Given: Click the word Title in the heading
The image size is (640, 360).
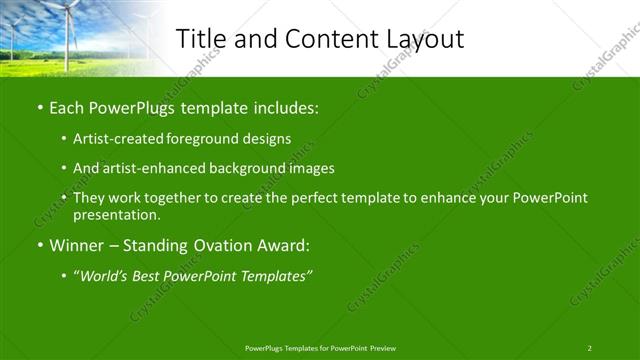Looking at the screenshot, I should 203,39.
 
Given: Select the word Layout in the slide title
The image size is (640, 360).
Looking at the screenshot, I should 420,39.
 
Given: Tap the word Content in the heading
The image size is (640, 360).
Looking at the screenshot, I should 326,39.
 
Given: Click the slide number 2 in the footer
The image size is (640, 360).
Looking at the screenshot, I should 589,347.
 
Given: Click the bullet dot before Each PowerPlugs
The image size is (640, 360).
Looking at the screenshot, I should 39,106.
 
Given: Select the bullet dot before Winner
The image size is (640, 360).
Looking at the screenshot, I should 39,245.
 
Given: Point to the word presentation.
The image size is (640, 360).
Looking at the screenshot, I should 116,214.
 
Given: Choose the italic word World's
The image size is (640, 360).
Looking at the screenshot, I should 103,275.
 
